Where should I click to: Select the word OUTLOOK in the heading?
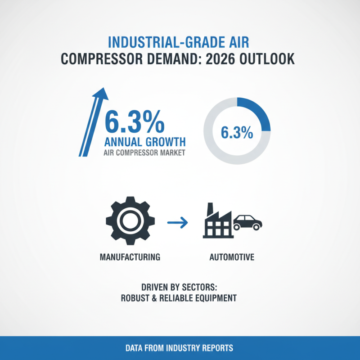tap(273, 60)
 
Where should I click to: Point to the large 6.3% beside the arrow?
tap(134, 122)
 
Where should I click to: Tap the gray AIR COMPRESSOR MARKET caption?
tap(144, 153)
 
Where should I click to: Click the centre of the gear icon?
tap(130, 220)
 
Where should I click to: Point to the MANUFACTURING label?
tap(130, 258)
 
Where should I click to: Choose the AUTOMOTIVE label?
tap(232, 258)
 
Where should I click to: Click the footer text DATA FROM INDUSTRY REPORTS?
tap(180, 348)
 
